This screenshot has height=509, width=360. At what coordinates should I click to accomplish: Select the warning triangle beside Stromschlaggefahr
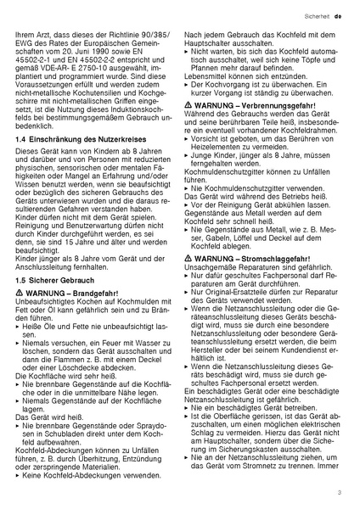[188, 256]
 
